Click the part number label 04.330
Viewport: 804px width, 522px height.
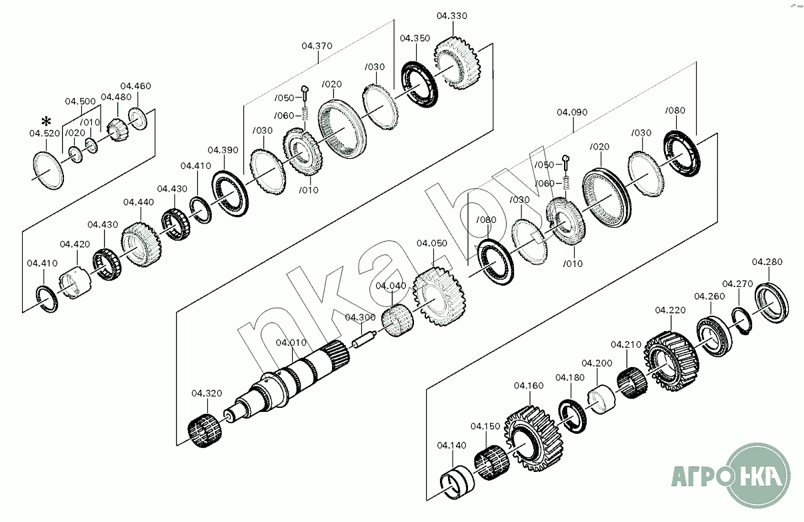coord(452,15)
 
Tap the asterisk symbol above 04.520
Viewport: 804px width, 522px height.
coord(46,121)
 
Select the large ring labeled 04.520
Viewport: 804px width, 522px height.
coord(49,170)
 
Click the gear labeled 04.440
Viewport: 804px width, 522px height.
coord(140,245)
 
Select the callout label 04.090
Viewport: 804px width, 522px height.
coord(572,112)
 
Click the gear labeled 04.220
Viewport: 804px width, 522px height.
coord(671,360)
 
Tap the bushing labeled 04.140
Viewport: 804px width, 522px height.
coord(457,483)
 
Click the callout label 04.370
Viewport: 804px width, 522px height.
coord(317,46)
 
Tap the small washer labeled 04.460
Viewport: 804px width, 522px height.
coord(138,118)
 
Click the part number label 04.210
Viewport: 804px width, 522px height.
coord(626,344)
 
